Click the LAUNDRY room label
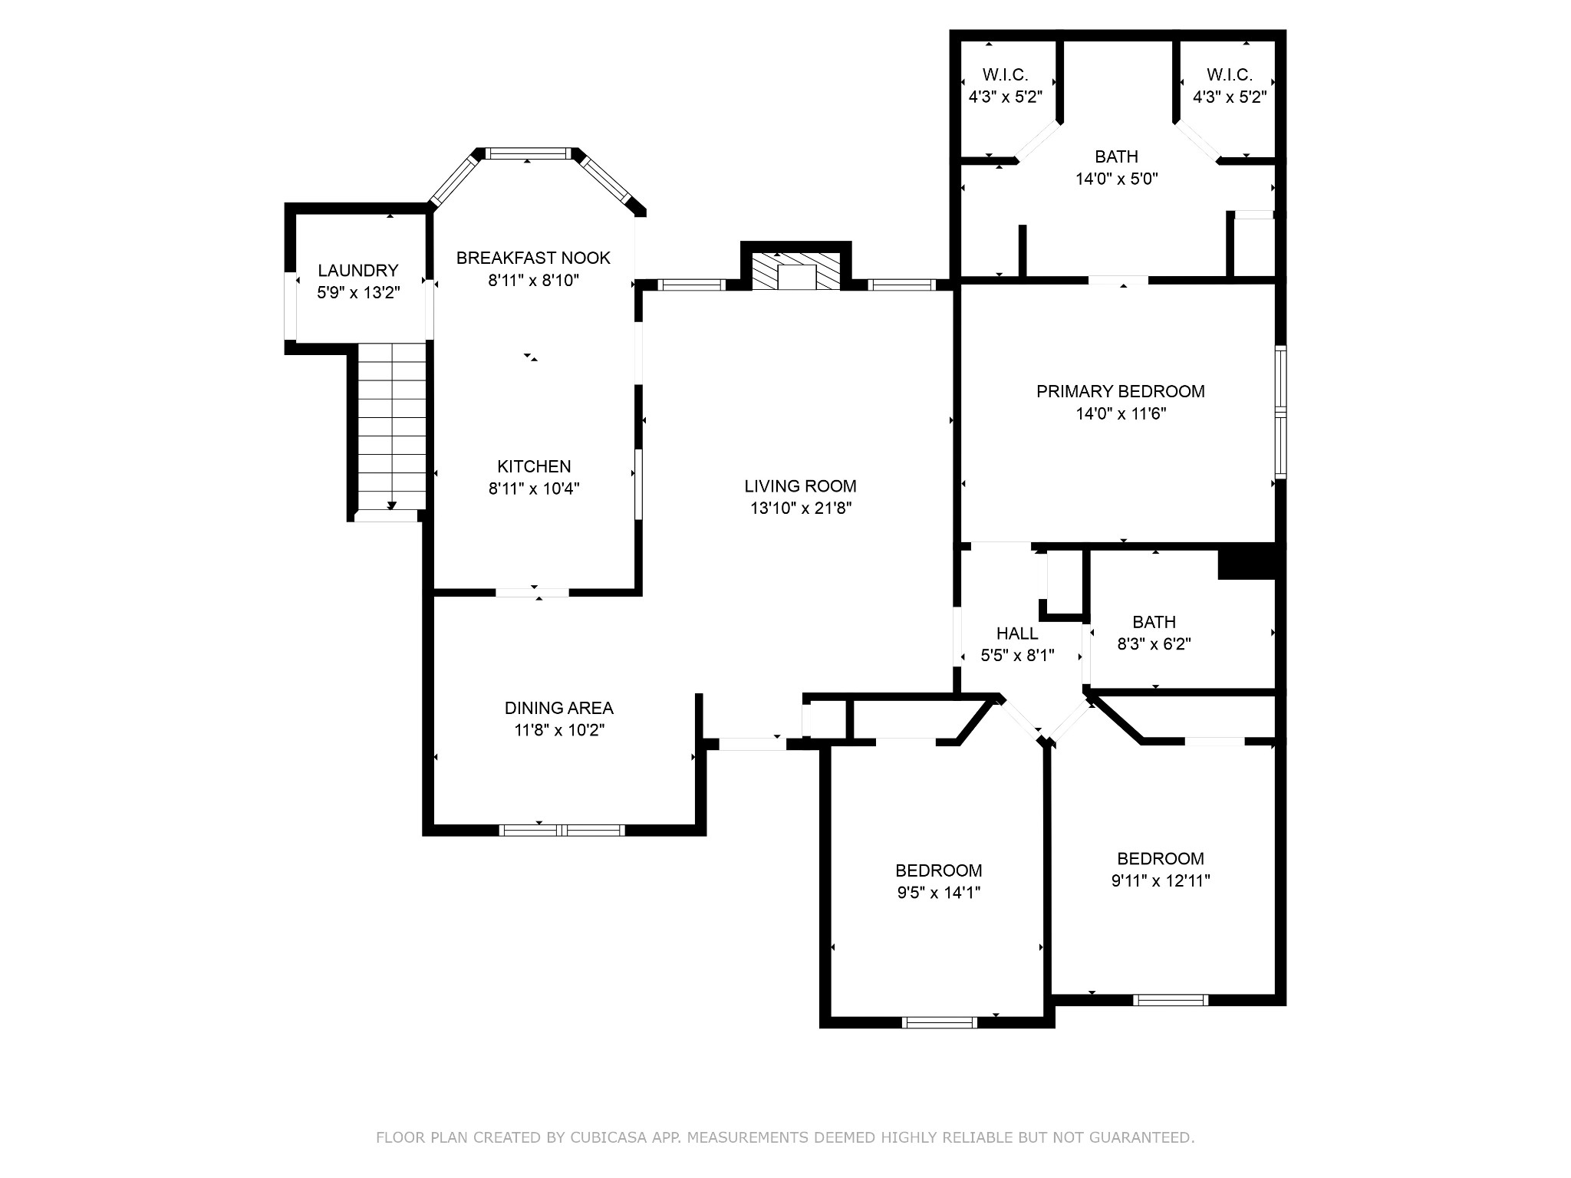pyautogui.click(x=358, y=270)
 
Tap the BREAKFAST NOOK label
pyautogui.click(x=533, y=258)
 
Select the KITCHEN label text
pyautogui.click(x=534, y=466)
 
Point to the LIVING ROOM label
pyautogui.click(x=800, y=485)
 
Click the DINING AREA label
pyautogui.click(x=559, y=708)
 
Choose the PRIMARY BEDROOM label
pyautogui.click(x=1121, y=391)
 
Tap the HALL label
pyautogui.click(x=1017, y=633)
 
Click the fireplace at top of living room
pyautogui.click(x=797, y=271)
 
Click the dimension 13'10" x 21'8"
pyautogui.click(x=801, y=508)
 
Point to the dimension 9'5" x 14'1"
pyautogui.click(x=938, y=892)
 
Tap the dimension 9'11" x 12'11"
pyautogui.click(x=1161, y=880)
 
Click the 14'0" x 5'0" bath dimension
pyautogui.click(x=1117, y=179)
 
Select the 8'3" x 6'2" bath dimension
pyautogui.click(x=1154, y=644)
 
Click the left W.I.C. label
pyautogui.click(x=1006, y=74)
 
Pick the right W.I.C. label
pyautogui.click(x=1230, y=74)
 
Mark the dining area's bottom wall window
pyautogui.click(x=562, y=830)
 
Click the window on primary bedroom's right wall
pyautogui.click(x=1280, y=413)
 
